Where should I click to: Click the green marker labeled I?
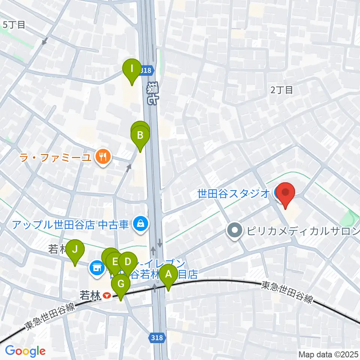pos(132,69)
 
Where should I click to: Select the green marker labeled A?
pos(169,274)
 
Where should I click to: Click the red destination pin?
pos(286,193)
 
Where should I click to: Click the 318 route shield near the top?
pos(147,70)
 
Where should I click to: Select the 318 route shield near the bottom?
pos(157,337)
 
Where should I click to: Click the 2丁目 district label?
pos(281,90)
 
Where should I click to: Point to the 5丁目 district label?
pos(14,25)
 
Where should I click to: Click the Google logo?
pos(25,351)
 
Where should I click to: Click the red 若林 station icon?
pos(107,296)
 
